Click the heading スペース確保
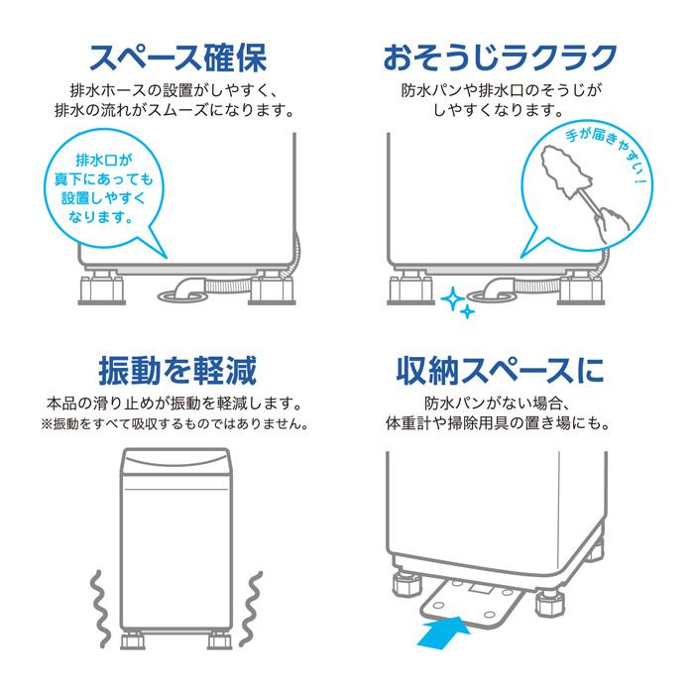[x=176, y=58]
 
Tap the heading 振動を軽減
[x=176, y=371]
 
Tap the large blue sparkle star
[x=454, y=296]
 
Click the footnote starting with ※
[x=176, y=424]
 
